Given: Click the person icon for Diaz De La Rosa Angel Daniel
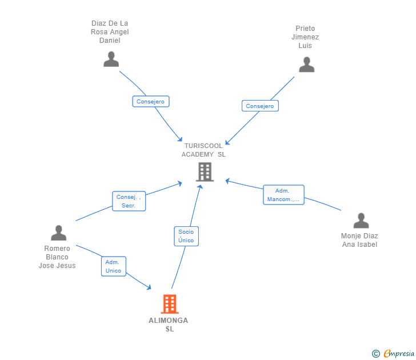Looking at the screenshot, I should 111,59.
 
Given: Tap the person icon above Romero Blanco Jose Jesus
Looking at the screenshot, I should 58,233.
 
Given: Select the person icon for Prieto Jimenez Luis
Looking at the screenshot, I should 306,65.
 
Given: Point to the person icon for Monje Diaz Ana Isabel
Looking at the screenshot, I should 361,221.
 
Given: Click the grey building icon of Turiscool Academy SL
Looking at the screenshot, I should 204,172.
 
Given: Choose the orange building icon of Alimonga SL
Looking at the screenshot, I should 170,304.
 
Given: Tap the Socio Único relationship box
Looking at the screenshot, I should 186,236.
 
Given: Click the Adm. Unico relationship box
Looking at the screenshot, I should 114,266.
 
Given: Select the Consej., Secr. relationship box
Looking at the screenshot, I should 129,201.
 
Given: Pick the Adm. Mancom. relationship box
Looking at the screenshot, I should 283,195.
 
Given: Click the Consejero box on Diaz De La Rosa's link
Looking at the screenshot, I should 151,102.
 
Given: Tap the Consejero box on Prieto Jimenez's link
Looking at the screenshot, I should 260,106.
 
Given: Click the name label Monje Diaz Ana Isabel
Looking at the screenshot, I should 359,240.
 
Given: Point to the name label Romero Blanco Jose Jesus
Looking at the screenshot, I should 57,257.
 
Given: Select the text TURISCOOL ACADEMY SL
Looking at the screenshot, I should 203,150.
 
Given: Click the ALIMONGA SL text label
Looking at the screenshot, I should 169,325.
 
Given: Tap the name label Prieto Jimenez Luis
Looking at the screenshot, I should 305,37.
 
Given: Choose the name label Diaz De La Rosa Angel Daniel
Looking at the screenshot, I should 110,32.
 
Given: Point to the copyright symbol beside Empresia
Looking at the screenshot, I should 375,354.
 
